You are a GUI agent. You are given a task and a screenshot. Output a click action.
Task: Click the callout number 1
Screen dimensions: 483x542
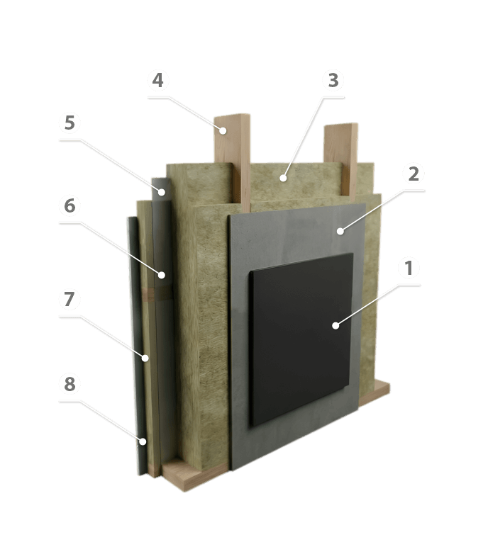409,269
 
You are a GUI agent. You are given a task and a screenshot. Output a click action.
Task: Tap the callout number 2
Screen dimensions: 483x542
413,174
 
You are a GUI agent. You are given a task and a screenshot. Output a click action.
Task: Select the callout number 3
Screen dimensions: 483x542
333,80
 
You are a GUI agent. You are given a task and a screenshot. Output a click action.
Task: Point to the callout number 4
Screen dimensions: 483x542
157,80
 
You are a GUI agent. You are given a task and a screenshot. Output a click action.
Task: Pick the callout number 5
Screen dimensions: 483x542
70,123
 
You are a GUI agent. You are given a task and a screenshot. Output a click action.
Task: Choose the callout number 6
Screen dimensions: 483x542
70,205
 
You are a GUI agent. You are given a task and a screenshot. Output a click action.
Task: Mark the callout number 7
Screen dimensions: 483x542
70,300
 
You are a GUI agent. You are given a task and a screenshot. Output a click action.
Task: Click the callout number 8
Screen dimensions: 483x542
70,384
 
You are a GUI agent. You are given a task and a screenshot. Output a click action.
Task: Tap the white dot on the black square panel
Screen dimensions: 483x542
335,325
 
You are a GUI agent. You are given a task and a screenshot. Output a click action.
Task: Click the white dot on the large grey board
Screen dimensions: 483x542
340,231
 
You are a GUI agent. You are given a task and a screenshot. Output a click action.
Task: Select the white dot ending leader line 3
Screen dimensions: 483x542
284,179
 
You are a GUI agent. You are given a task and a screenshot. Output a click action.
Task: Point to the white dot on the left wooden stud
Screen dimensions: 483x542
223,130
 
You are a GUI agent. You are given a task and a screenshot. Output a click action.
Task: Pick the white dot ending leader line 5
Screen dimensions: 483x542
162,192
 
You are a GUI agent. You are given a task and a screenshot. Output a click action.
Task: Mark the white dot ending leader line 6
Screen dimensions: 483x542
162,276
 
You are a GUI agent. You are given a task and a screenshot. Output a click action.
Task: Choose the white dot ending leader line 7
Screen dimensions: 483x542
145,358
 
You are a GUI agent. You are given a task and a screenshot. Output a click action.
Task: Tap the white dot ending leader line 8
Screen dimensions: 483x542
143,441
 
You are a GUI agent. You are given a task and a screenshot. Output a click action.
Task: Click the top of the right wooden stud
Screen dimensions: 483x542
341,125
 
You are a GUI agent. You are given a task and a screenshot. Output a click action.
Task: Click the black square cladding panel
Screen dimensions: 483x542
301,339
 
